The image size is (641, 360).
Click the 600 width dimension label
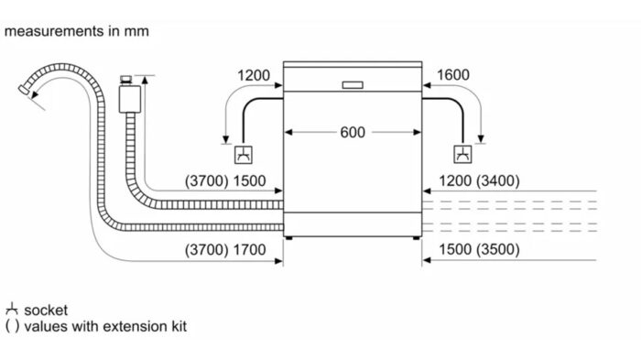(353, 133)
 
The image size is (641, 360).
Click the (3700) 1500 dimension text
(225, 181)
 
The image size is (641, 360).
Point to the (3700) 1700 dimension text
(225, 249)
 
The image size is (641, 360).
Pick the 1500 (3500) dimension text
(479, 249)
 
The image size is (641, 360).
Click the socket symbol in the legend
(11, 310)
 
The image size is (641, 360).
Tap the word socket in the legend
(46, 311)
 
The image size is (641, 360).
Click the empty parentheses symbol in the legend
(11, 326)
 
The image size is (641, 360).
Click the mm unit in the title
(136, 31)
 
